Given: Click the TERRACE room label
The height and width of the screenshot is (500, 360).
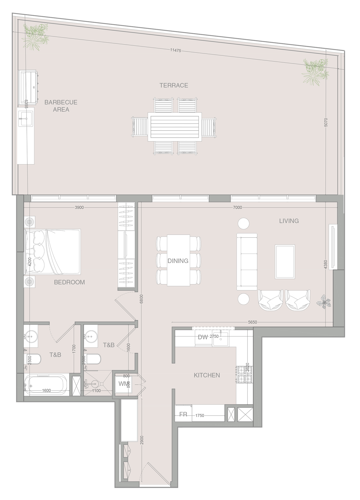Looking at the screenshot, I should pyautogui.click(x=174, y=85).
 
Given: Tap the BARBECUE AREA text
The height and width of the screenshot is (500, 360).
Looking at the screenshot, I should pyautogui.click(x=61, y=106).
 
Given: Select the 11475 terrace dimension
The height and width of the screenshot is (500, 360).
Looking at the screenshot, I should pyautogui.click(x=175, y=51).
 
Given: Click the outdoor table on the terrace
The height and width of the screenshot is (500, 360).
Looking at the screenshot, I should pyautogui.click(x=175, y=127).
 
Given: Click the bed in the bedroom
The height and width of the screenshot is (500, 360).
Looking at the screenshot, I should pyautogui.click(x=53, y=252).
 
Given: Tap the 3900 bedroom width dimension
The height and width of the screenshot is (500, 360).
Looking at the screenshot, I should pyautogui.click(x=79, y=207).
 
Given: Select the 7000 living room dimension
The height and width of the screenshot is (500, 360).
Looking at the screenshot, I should pyautogui.click(x=237, y=207).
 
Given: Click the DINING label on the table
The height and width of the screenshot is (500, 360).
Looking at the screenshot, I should pyautogui.click(x=178, y=261).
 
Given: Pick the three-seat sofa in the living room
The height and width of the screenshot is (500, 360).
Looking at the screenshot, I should pyautogui.click(x=247, y=261).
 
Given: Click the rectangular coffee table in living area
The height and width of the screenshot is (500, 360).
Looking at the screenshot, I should pyautogui.click(x=285, y=261).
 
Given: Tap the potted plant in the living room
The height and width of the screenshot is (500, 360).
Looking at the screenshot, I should pyautogui.click(x=324, y=302).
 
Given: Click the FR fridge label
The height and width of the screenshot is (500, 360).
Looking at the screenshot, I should pyautogui.click(x=183, y=414).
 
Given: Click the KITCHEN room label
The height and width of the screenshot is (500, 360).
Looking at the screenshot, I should pyautogui.click(x=207, y=375).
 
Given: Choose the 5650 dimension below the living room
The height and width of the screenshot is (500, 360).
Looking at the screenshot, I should pyautogui.click(x=252, y=322).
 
